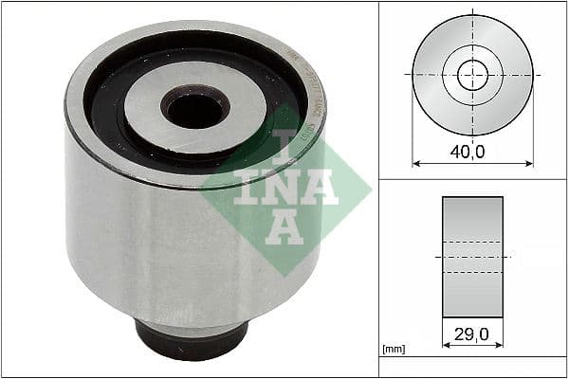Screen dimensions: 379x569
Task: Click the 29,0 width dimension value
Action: click(471, 335)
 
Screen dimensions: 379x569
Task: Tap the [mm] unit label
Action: click(394, 350)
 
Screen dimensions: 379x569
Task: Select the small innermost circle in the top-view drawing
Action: click(472, 75)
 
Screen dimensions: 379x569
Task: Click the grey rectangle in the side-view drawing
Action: click(472, 257)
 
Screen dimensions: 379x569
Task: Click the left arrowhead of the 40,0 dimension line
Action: click(415, 164)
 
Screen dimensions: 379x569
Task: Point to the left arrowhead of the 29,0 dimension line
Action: click(446, 346)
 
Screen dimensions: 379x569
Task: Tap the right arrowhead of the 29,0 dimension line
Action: click(500, 346)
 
